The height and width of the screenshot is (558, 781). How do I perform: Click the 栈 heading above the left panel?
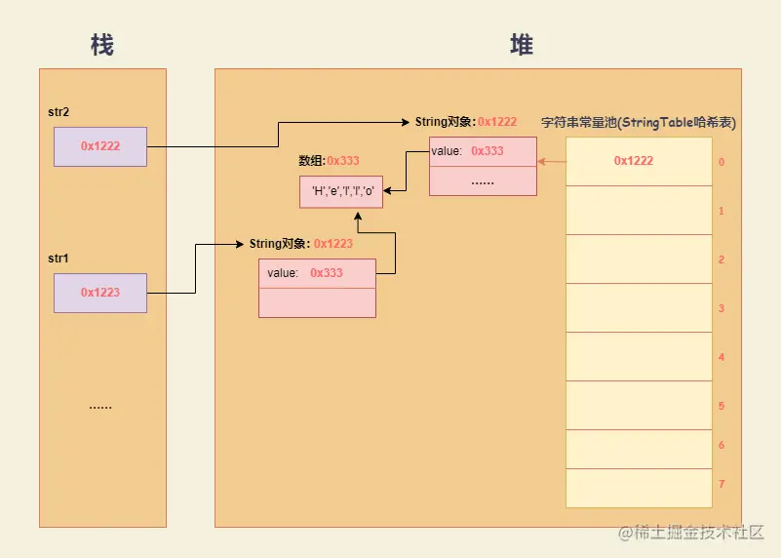click(101, 45)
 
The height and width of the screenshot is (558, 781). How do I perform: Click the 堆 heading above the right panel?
click(522, 45)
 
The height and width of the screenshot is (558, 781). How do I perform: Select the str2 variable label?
click(59, 112)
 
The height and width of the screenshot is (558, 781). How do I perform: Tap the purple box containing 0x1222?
click(100, 146)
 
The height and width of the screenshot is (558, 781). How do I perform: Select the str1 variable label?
click(59, 259)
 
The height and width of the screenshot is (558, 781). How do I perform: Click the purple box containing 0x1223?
click(100, 293)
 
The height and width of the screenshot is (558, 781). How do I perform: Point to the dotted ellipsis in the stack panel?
click(100, 406)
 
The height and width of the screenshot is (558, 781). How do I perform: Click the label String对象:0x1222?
click(465, 122)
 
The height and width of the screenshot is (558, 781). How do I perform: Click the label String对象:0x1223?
click(300, 244)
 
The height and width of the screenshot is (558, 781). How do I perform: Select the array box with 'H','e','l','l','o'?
click(341, 190)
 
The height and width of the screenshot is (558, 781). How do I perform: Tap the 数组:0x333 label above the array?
click(328, 161)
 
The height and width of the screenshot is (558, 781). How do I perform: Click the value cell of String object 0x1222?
click(483, 151)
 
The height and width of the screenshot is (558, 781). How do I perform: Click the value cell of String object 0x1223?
click(317, 273)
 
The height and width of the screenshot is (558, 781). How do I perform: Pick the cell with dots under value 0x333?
click(483, 181)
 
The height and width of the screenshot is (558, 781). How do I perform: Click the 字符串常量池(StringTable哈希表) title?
click(638, 123)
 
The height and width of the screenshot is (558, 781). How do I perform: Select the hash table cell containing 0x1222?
click(633, 161)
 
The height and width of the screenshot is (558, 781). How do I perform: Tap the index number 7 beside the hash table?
click(721, 484)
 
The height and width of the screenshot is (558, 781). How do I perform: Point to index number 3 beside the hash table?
click(721, 308)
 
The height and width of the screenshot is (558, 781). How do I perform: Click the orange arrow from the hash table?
click(551, 161)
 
